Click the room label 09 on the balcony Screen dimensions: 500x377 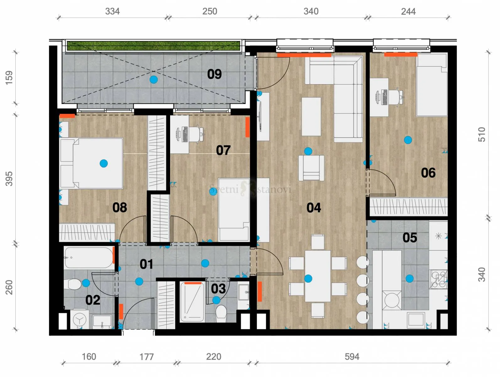click(214, 74)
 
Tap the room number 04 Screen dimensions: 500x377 click(314, 208)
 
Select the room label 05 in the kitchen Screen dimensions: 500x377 click(410, 238)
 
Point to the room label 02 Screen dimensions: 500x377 click(93, 300)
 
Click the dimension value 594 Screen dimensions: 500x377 click(352, 357)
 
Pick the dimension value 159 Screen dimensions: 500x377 click(9, 78)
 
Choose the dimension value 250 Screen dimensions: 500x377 click(210, 11)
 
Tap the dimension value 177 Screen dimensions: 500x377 click(147, 357)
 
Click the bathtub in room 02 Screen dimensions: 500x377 click(89, 258)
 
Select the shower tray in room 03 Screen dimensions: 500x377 click(192, 302)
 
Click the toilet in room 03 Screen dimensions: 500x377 click(221, 314)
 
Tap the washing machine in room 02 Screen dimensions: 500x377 click(79, 320)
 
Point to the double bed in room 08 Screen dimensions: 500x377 click(91, 163)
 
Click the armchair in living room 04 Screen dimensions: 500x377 click(311, 168)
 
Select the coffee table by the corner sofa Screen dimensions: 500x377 click(311, 117)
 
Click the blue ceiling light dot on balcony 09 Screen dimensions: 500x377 click(153, 79)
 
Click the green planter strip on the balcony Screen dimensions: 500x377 click(153, 46)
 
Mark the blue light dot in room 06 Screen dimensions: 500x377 click(408, 140)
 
